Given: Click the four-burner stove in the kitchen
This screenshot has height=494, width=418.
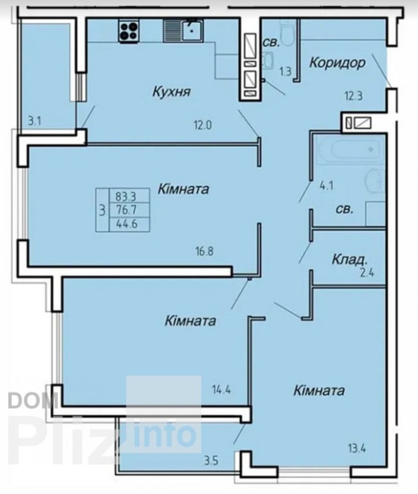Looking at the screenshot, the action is [x=129, y=30].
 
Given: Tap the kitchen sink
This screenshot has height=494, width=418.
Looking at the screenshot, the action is [x=183, y=30].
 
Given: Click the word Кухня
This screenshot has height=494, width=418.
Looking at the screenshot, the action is [x=172, y=92].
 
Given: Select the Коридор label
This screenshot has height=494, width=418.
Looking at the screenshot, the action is [x=338, y=63].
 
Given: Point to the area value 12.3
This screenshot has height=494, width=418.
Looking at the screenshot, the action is [x=354, y=96].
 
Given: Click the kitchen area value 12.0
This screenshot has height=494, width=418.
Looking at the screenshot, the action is [x=203, y=125].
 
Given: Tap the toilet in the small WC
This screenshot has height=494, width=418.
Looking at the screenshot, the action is [x=287, y=32].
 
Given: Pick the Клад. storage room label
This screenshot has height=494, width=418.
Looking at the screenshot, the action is [x=350, y=260].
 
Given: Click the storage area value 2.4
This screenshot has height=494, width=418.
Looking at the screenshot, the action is [x=367, y=273].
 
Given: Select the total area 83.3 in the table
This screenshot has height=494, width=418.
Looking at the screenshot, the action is [x=125, y=197].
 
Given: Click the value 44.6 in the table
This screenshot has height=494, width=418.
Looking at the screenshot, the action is [x=127, y=224].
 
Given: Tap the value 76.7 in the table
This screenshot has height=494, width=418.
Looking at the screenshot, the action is [x=126, y=210].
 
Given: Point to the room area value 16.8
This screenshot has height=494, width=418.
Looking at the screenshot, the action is [x=204, y=252].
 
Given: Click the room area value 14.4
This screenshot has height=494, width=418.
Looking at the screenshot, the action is [x=221, y=390].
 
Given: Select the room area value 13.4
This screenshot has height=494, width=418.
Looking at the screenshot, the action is [x=357, y=448].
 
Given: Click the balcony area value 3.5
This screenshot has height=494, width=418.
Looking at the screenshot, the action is [x=211, y=461].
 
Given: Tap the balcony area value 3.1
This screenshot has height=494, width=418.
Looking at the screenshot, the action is [x=35, y=121].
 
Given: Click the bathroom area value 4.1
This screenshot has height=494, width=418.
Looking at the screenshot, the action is [x=327, y=185].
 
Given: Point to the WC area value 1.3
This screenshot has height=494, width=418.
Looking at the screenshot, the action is [x=286, y=72].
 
